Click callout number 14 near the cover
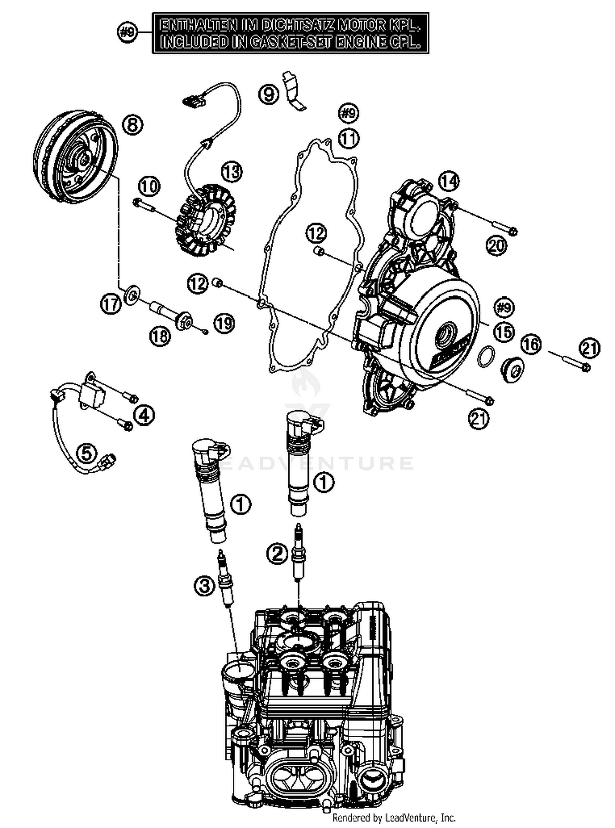tap(449, 181)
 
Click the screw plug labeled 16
tap(512, 369)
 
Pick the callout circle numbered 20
tap(497, 246)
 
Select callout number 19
tap(224, 324)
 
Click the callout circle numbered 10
tap(149, 187)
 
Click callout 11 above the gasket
tap(348, 139)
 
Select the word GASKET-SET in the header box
tap(284, 42)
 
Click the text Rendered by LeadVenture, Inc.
tap(394, 818)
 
